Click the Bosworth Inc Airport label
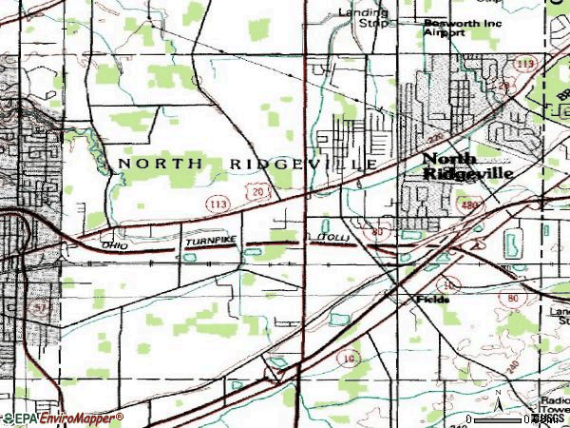coord(445,27)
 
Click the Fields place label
coord(432,298)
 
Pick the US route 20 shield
coord(258,194)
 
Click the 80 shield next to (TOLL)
coord(377,232)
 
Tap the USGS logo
coord(548,418)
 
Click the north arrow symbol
coord(496,395)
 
